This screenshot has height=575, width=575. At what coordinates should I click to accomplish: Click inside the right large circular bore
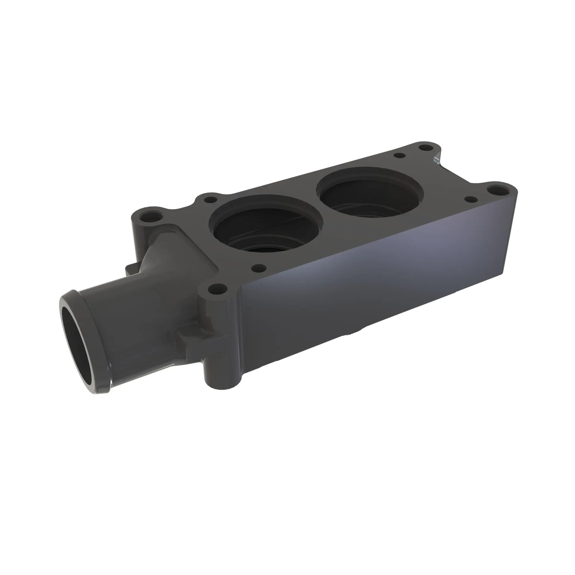click(x=369, y=193)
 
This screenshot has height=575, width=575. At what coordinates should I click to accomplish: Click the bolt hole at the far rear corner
click(x=423, y=147)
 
